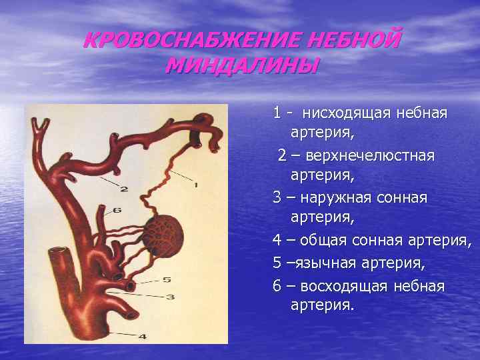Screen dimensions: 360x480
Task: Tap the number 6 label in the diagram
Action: (x=117, y=210)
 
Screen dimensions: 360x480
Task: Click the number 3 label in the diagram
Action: (x=170, y=297)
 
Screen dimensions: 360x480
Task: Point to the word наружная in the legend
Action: (x=335, y=198)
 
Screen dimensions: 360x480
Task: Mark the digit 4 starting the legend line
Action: (x=277, y=241)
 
